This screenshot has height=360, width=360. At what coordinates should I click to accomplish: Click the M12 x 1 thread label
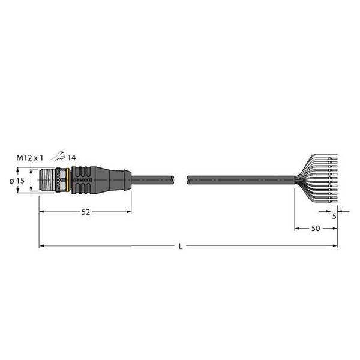click(x=29, y=157)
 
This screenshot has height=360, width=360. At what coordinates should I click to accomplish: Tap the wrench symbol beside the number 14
click(x=58, y=157)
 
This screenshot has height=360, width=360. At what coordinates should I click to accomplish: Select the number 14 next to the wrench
click(x=71, y=157)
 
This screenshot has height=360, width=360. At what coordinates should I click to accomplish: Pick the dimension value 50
click(x=314, y=229)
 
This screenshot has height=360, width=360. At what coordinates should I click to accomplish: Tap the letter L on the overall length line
click(x=181, y=247)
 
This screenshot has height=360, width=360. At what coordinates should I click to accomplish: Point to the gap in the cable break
click(x=181, y=179)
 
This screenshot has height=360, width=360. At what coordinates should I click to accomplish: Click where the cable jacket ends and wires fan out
click(x=295, y=178)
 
